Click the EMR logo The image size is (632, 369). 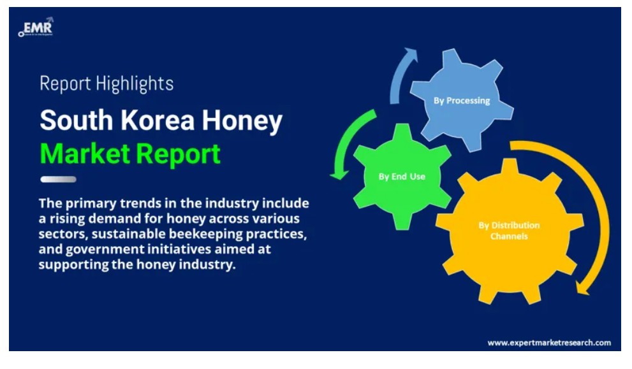coord(36,27)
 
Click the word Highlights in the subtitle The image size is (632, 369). coord(135,84)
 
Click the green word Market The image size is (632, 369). coord(85,154)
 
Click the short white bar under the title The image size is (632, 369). coord(59,179)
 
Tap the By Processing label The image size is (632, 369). coord(462,101)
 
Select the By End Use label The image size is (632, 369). coord(402,177)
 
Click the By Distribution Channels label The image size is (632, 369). coord(509,231)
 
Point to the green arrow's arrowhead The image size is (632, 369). coord(339,174)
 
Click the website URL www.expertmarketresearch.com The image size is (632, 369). coord(549,343)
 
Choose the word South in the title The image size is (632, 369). coord(76,120)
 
